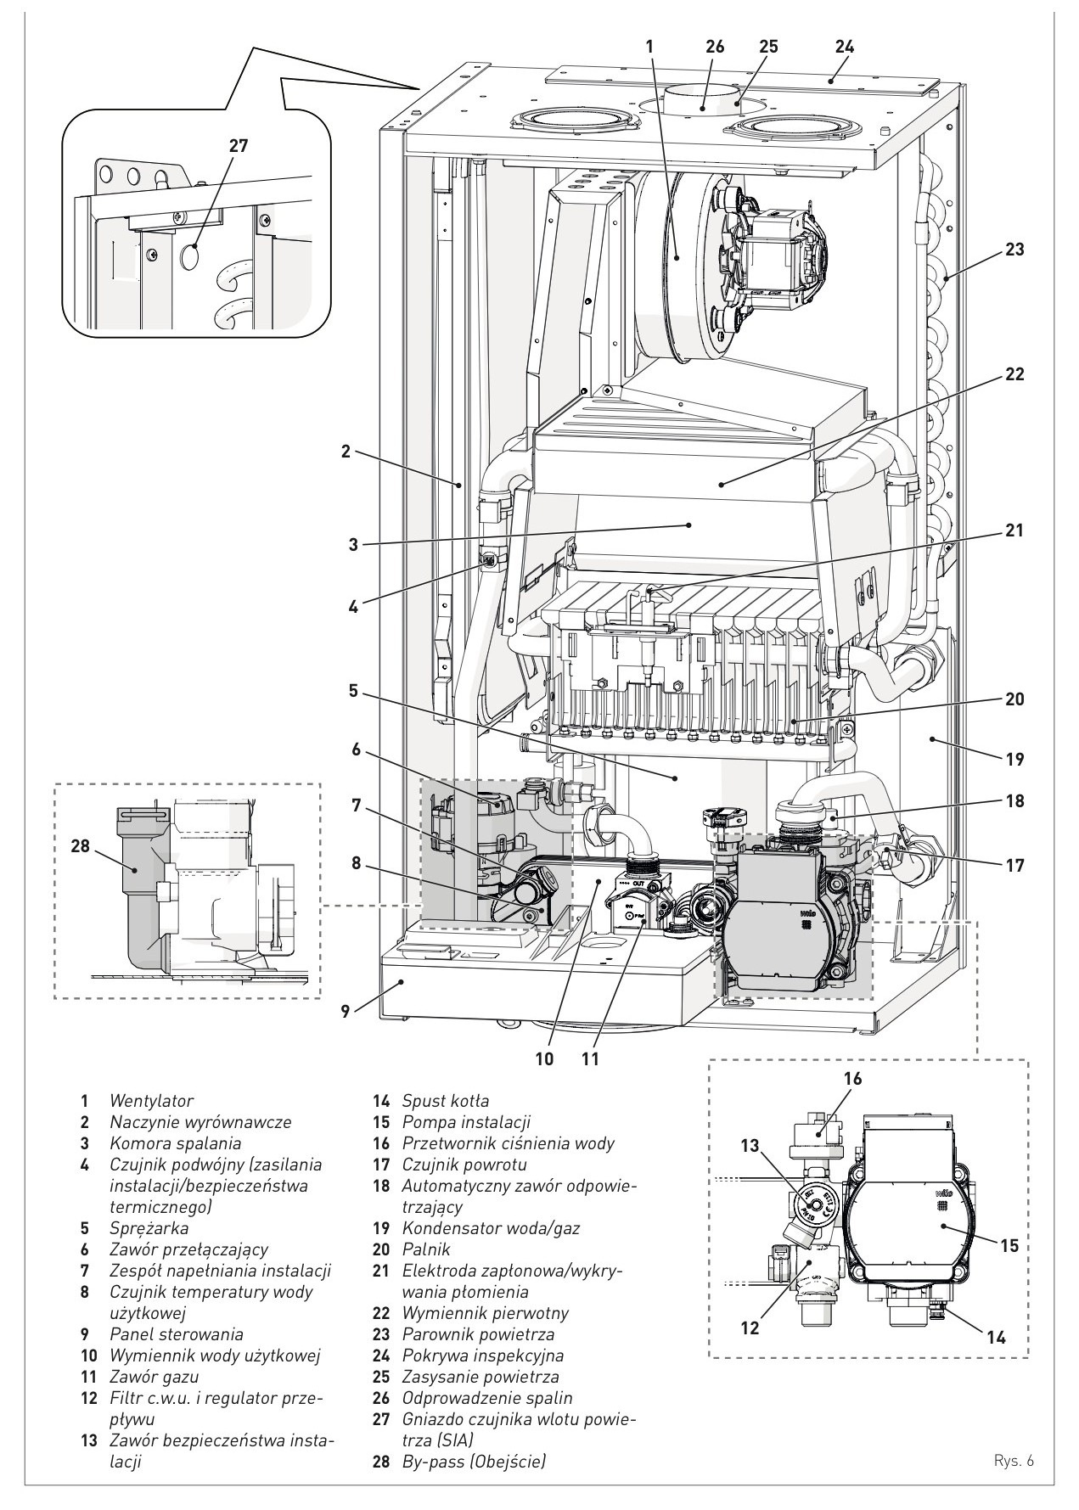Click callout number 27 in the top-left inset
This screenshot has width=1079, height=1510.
(239, 145)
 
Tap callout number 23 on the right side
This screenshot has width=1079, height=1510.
(1014, 250)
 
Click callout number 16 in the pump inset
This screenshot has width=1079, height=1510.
(852, 1078)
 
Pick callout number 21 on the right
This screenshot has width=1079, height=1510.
(1014, 530)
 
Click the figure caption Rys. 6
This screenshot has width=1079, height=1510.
(1014, 1462)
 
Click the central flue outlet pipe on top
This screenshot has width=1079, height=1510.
(704, 98)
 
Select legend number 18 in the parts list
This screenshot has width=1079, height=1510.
(380, 1186)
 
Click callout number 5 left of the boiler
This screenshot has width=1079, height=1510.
(353, 691)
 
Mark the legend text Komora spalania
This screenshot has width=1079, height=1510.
(175, 1143)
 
